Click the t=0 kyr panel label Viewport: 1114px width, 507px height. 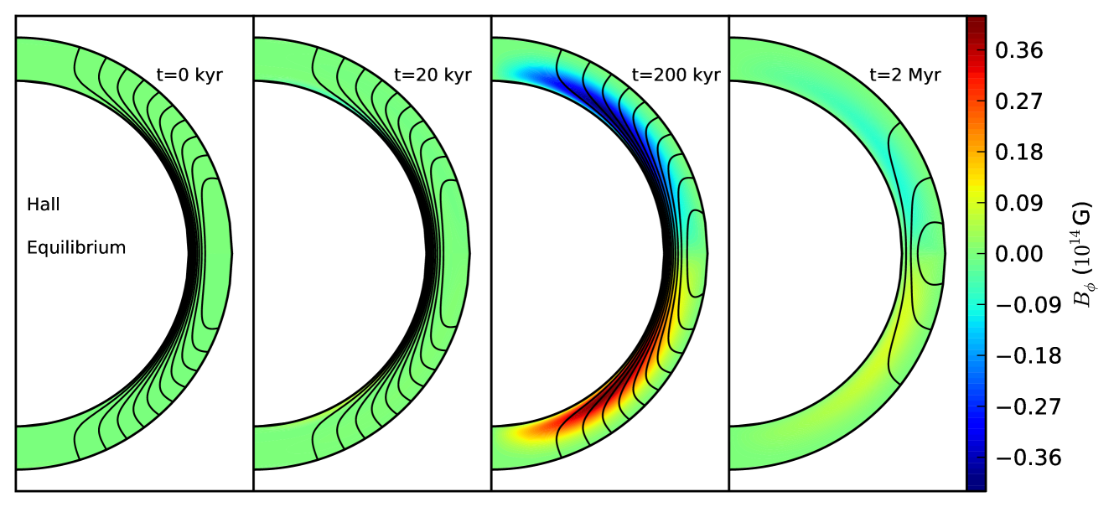(189, 75)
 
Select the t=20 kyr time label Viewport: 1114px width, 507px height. (433, 75)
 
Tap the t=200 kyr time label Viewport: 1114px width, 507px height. (676, 75)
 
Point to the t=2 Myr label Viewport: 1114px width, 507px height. (905, 75)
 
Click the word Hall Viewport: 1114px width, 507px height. (44, 204)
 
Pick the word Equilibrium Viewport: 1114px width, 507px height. (76, 247)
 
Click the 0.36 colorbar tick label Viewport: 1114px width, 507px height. (1018, 50)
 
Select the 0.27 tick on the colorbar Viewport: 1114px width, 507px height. (1018, 101)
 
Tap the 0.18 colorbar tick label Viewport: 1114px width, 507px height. (1018, 153)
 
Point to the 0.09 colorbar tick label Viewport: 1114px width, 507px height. (1018, 203)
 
